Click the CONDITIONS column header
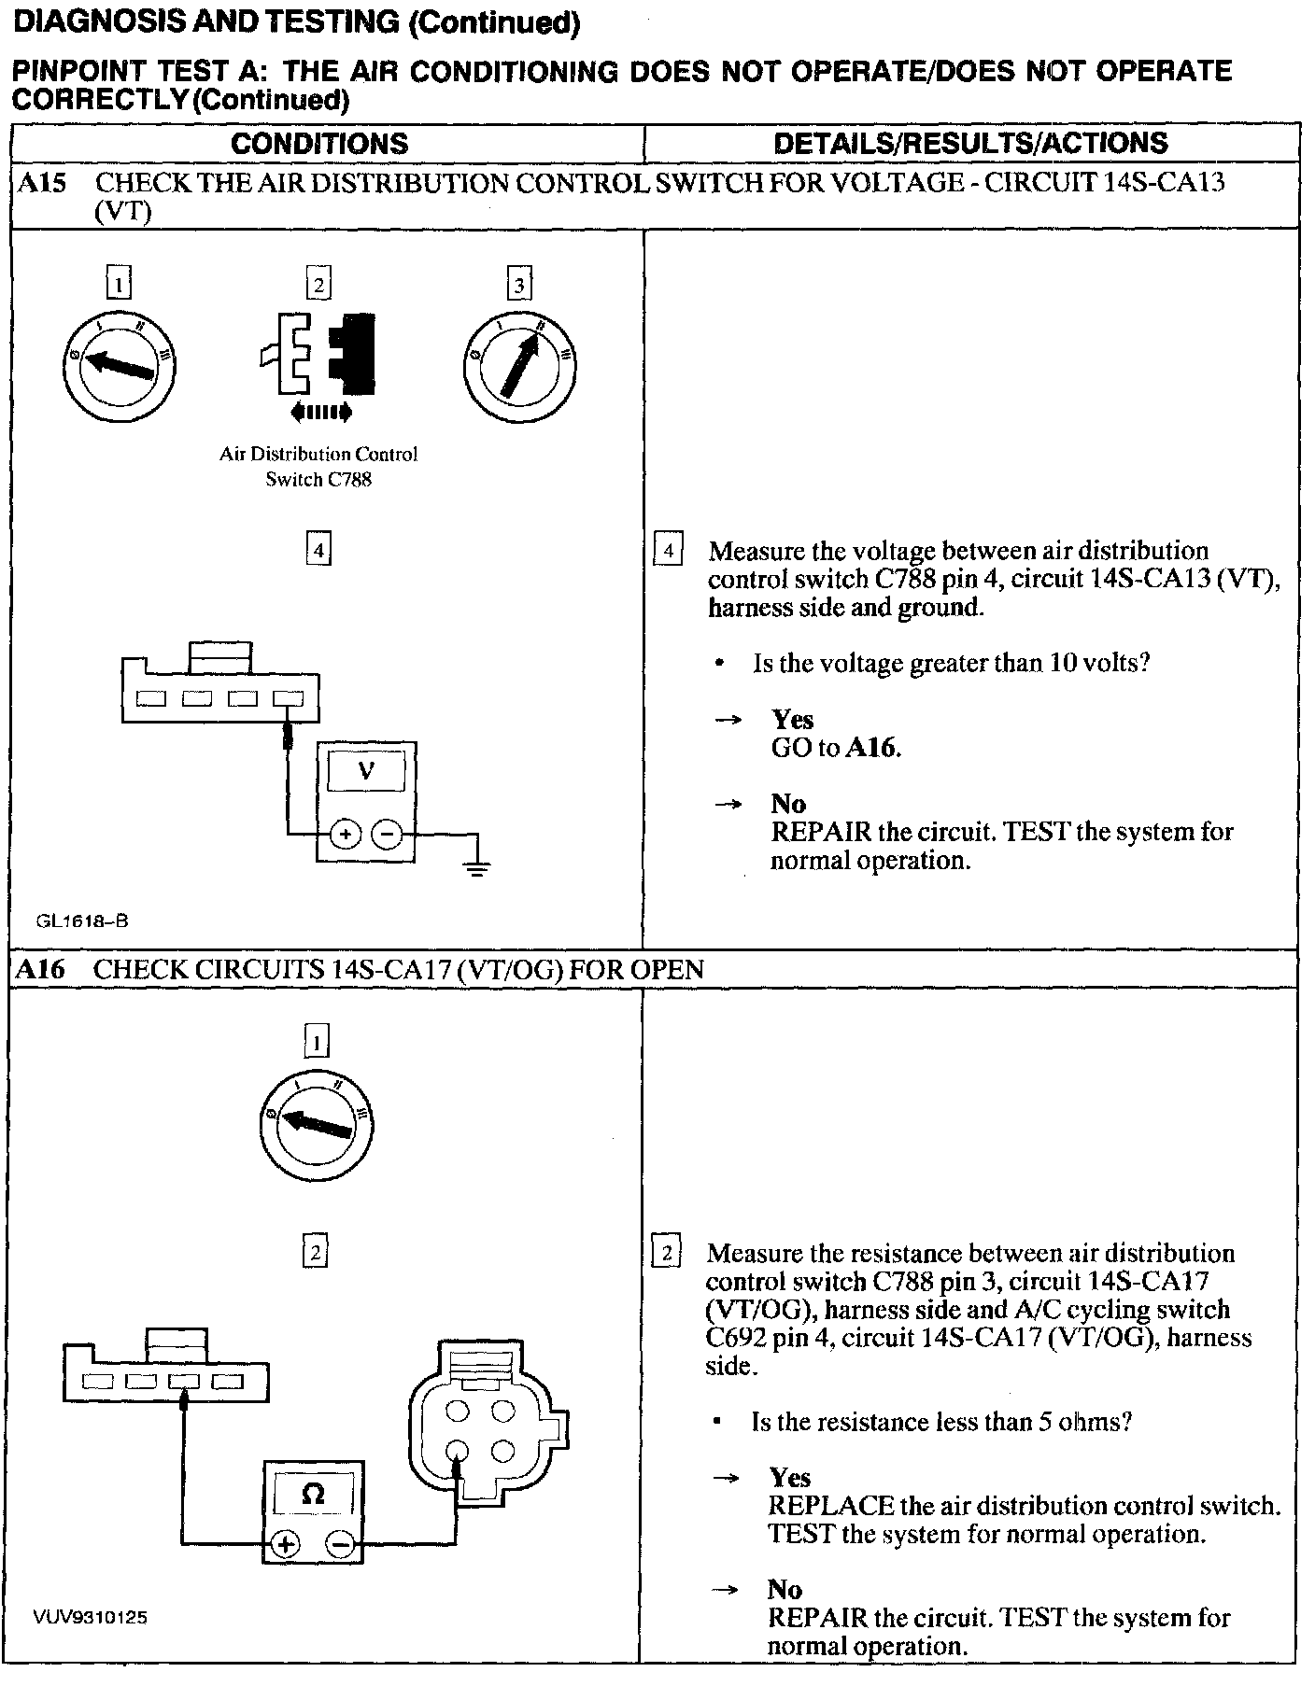point(319,143)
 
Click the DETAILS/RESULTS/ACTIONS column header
point(970,143)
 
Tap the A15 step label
point(42,182)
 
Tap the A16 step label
point(41,969)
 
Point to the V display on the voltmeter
point(366,771)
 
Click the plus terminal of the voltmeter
point(345,834)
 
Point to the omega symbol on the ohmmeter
point(314,1495)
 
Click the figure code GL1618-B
point(82,921)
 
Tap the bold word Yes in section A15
point(792,719)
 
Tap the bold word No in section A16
point(785,1589)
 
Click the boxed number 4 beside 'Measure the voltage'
point(668,551)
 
